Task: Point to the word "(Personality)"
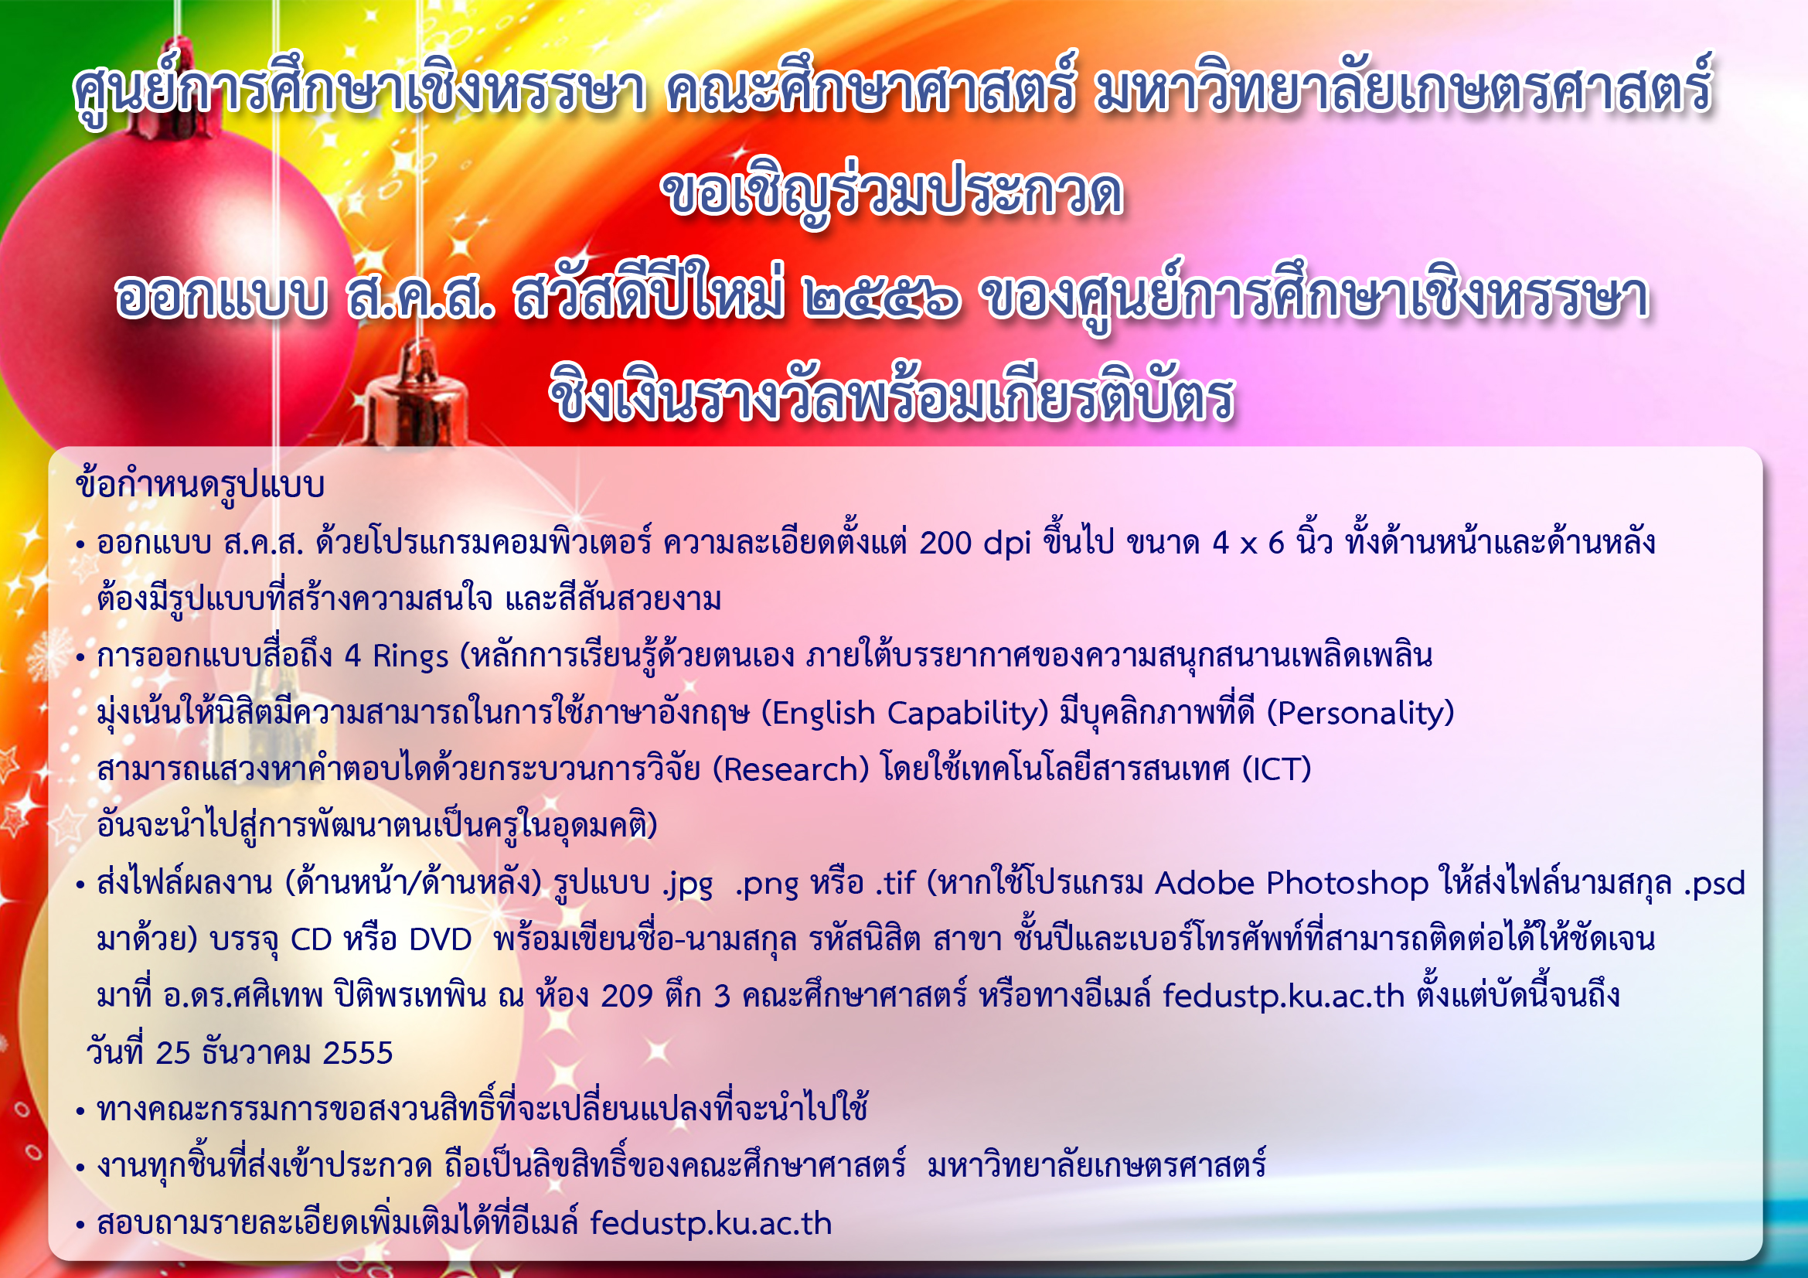pos(1360,714)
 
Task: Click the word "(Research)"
pos(790,769)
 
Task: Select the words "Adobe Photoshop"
pos(1292,884)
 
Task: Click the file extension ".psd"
pos(1714,884)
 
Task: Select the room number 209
pos(627,997)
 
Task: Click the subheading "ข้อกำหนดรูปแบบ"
pos(201,484)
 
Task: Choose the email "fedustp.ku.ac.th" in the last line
pos(711,1224)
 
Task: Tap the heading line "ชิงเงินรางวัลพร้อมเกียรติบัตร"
pos(891,396)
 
